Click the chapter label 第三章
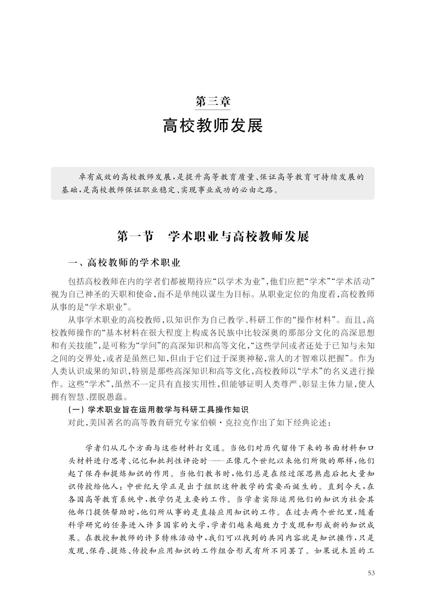pos(213,100)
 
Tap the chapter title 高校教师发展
pos(213,126)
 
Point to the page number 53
pos(371,573)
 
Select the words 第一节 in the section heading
pos(135,237)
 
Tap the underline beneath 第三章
pos(213,109)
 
